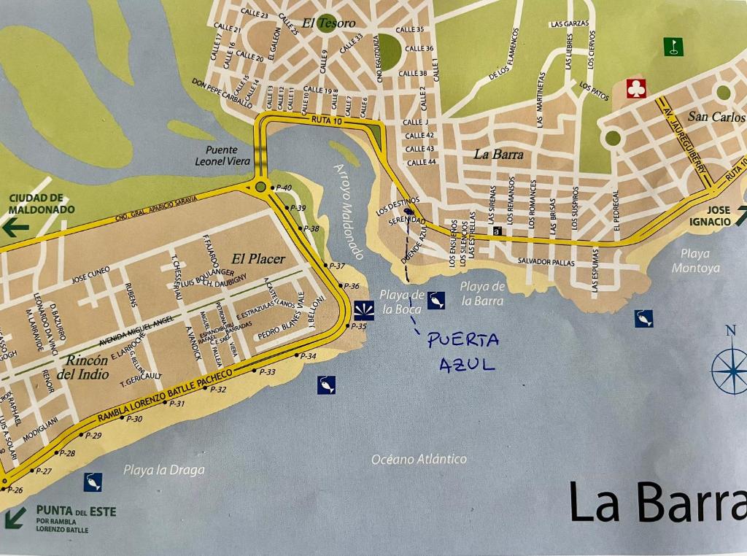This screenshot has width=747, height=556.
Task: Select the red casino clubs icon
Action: click(636, 89)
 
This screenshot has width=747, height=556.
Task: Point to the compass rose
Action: click(730, 371)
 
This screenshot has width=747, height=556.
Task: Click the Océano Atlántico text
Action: click(419, 459)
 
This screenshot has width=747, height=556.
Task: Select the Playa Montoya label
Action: click(700, 260)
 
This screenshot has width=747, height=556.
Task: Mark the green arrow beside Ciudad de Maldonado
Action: click(15, 227)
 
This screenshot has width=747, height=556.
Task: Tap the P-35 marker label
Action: click(358, 326)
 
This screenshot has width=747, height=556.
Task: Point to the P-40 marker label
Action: click(283, 188)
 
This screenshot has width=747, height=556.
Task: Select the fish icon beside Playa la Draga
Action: click(93, 482)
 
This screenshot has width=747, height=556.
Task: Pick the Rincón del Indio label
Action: click(88, 367)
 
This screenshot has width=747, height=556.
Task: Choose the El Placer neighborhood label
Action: click(258, 258)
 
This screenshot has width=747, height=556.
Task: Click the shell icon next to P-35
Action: click(363, 309)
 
